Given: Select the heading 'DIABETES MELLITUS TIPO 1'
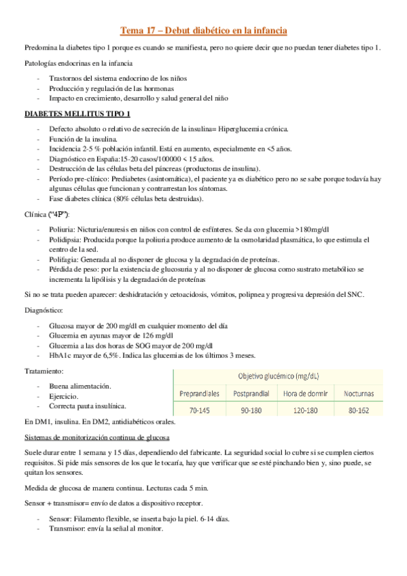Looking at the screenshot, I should click(77, 113).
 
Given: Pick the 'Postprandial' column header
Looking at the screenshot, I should click(251, 394).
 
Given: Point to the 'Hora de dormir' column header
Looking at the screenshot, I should click(304, 394).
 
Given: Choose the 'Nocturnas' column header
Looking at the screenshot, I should click(358, 394).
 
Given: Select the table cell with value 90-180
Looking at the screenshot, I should click(251, 410).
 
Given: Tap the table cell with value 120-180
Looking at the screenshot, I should click(304, 410).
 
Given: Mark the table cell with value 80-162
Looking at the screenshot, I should click(358, 410).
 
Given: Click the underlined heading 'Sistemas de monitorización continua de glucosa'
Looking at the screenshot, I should click(96, 436).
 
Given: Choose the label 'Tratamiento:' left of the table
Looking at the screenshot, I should click(44, 372).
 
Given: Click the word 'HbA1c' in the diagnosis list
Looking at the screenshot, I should click(59, 355).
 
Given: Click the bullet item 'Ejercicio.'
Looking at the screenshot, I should click(64, 396).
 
